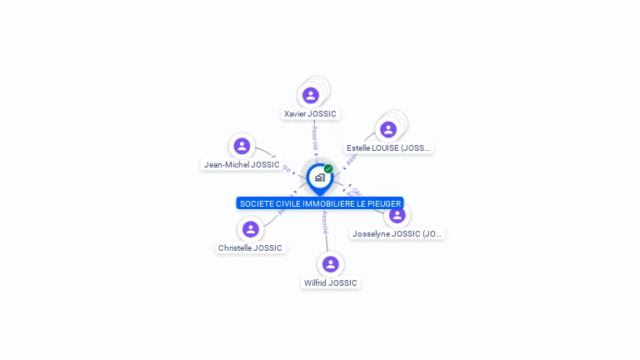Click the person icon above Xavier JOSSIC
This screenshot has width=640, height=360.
click(311, 96)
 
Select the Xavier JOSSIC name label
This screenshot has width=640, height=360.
click(312, 114)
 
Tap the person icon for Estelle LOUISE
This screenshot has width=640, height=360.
click(387, 130)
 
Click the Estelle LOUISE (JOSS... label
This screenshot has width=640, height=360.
click(388, 148)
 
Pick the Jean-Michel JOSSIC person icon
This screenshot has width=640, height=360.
click(242, 147)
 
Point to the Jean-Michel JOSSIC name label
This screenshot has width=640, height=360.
click(242, 165)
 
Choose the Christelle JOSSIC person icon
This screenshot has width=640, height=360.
click(250, 229)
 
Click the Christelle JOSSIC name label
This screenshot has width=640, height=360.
click(250, 248)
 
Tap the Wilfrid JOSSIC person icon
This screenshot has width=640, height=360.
click(330, 264)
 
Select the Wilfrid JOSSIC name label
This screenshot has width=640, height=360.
click(330, 283)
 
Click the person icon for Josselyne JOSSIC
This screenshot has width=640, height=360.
click(397, 215)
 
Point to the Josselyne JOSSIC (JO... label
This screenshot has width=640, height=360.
click(397, 234)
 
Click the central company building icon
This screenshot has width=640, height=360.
click(319, 177)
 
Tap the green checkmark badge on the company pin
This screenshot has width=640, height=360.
click(328, 169)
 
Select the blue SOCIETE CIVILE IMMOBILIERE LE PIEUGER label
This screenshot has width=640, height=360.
click(320, 203)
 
